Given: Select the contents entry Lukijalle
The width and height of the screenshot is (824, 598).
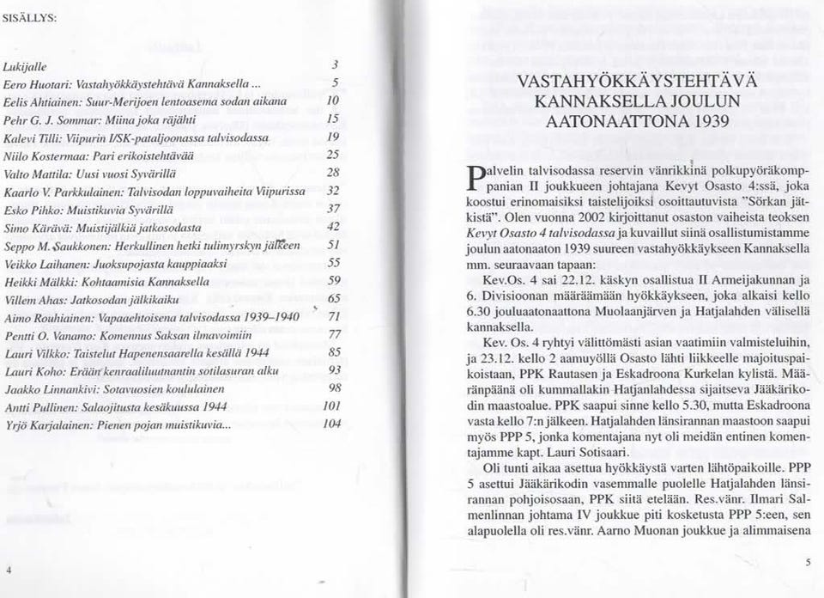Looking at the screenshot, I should [29, 65].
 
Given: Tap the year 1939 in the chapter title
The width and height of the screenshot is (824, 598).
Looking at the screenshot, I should [706, 120].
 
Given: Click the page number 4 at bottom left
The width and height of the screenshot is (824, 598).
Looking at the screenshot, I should [8, 570].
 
